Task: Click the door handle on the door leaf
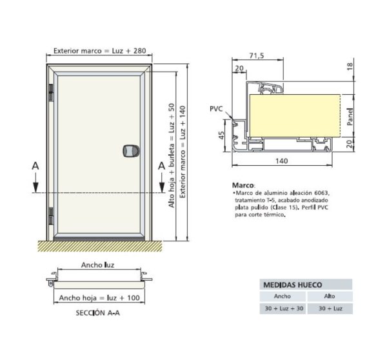[x=131, y=151]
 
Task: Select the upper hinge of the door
[x=51, y=93]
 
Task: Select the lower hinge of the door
[x=51, y=215]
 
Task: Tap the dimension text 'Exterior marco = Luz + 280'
[x=100, y=51]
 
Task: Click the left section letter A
[x=35, y=166]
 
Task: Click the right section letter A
[x=162, y=166]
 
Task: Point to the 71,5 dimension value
[x=257, y=55]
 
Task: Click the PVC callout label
[x=216, y=108]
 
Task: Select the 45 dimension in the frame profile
[x=221, y=135]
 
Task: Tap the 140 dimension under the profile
[x=282, y=161]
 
